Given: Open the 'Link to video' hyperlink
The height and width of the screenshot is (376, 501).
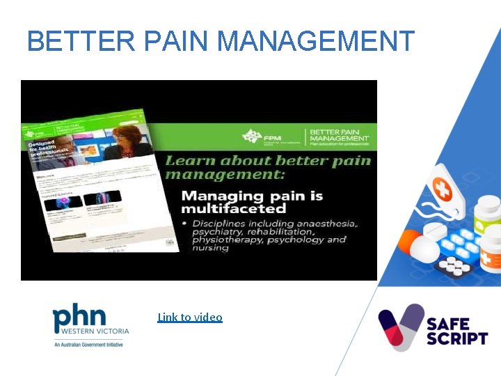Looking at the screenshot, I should (190, 318).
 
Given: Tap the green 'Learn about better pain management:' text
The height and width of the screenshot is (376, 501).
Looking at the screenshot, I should (268, 168).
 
